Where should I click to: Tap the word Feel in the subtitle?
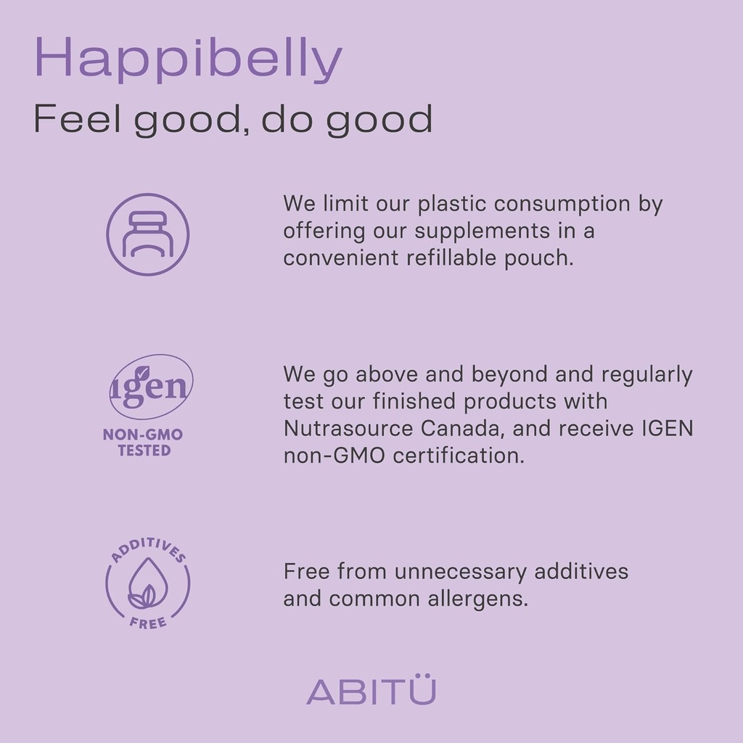click(x=77, y=118)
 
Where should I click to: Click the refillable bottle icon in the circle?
click(x=148, y=234)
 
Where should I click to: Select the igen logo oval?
click(x=151, y=387)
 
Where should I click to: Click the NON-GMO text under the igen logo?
click(x=143, y=435)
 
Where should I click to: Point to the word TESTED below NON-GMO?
click(x=144, y=450)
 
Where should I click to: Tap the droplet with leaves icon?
click(x=148, y=583)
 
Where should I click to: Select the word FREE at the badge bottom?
click(x=148, y=622)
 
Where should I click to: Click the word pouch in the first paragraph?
click(x=539, y=259)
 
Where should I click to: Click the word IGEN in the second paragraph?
click(x=668, y=428)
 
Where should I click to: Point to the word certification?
click(x=459, y=456)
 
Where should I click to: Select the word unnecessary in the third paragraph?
click(x=460, y=572)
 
